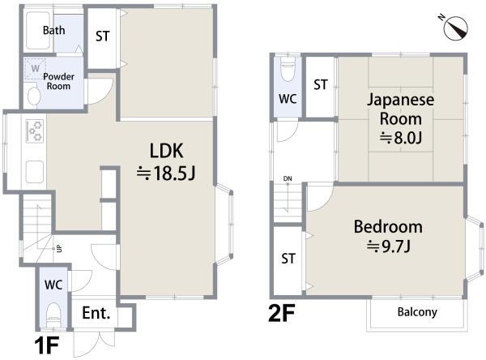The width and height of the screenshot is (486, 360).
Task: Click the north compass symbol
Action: click(x=455, y=28)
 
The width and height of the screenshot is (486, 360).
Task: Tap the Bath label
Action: click(x=54, y=30)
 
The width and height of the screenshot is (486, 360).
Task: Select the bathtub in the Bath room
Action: click(x=38, y=31)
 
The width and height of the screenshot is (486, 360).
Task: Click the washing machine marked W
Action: click(x=35, y=69)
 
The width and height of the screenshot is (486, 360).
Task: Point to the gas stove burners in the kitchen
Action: click(x=34, y=131)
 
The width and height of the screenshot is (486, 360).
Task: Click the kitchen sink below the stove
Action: click(x=34, y=172)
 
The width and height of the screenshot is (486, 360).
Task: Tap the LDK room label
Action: click(x=166, y=151)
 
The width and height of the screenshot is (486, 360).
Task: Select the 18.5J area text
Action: click(x=166, y=173)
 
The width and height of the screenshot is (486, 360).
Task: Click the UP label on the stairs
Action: click(x=59, y=248)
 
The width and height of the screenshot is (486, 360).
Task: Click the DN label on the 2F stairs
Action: click(x=288, y=178)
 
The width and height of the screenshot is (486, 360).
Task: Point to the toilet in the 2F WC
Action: click(x=288, y=69)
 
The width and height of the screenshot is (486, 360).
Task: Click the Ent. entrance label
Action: click(x=96, y=313)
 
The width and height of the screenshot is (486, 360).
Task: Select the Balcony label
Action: click(x=417, y=312)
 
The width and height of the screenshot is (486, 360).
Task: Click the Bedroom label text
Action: click(x=388, y=226)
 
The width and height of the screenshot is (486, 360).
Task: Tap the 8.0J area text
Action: click(x=401, y=138)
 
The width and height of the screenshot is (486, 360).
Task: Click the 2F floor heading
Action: click(x=281, y=313)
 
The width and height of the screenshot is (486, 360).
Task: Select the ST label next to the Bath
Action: click(x=103, y=36)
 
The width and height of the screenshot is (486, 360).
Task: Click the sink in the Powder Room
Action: click(x=34, y=96)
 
